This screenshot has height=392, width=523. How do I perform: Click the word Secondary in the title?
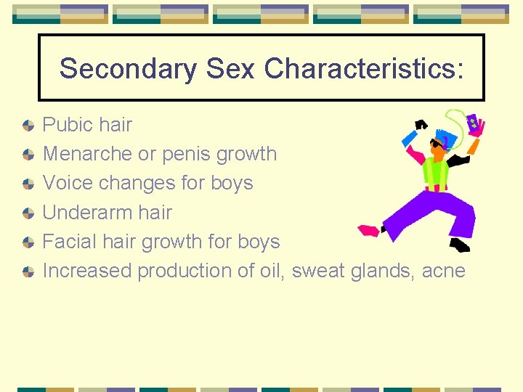tap(128, 69)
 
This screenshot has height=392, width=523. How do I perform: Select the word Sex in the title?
tap(230, 69)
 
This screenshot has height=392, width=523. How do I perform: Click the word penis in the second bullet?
tap(190, 154)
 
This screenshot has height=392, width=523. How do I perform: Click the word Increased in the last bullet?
tap(88, 271)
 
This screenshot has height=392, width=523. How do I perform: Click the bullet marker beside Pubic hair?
tap(28, 126)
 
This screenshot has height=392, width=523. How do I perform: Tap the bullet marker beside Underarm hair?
tap(28, 213)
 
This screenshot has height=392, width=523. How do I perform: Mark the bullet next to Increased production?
tap(28, 271)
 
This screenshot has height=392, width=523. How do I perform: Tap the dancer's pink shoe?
tap(369, 232)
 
